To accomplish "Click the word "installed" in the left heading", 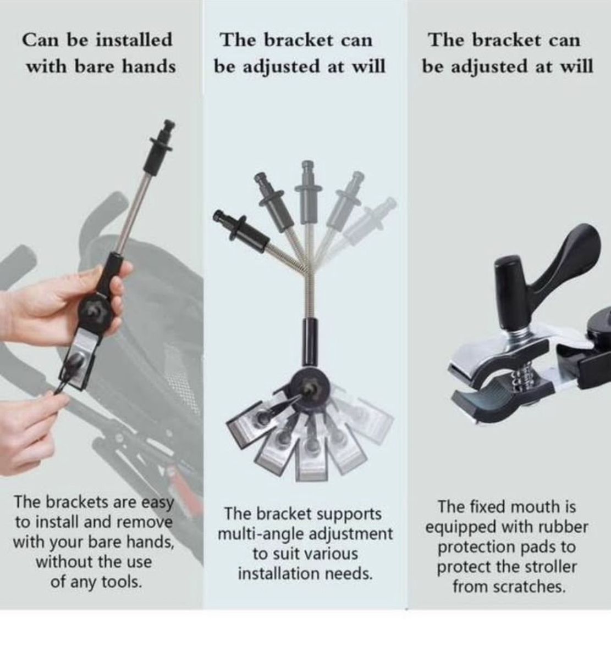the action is tap(134, 40).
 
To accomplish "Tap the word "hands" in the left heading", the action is tap(149, 66).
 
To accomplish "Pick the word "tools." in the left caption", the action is tap(122, 582).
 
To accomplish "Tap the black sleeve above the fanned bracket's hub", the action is tap(310, 342).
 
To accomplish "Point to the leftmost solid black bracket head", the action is tap(240, 229).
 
